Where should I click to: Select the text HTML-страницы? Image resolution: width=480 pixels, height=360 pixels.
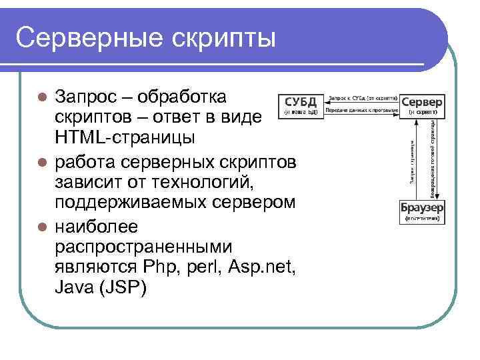click(x=125, y=138)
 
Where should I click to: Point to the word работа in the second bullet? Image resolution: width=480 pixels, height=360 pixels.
click(x=85, y=162)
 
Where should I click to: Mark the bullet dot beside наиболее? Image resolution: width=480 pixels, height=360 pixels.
click(x=41, y=227)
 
